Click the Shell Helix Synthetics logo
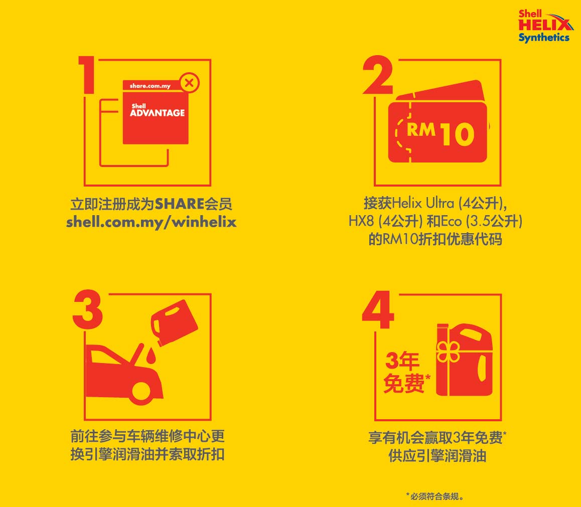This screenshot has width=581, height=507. (x=544, y=26)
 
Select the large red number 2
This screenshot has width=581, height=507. (x=377, y=75)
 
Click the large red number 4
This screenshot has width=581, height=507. (x=378, y=311)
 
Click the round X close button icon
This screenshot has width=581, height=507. (x=189, y=83)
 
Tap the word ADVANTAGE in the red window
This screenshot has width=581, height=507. (x=157, y=113)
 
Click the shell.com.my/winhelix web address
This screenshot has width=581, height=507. (x=151, y=222)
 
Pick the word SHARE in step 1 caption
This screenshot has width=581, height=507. (x=179, y=205)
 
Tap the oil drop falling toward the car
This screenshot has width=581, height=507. (x=151, y=356)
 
